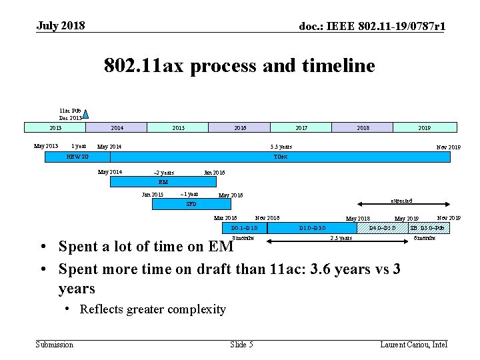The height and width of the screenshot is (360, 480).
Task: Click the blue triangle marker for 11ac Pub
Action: pyautogui.click(x=85, y=115)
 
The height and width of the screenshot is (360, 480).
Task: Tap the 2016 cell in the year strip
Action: pyautogui.click(x=240, y=127)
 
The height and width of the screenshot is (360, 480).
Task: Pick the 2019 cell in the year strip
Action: pyautogui.click(x=425, y=127)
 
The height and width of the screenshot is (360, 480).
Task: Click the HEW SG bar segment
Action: pyautogui.click(x=77, y=157)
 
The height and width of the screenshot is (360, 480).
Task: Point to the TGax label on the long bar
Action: pyautogui.click(x=281, y=157)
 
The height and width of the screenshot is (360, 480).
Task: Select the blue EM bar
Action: pyautogui.click(x=163, y=181)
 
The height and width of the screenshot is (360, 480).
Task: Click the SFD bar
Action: pyautogui.click(x=191, y=205)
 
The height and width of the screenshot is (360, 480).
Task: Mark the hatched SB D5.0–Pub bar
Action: pyautogui.click(x=427, y=228)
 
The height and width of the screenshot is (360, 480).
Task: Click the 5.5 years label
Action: pyautogui.click(x=281, y=147)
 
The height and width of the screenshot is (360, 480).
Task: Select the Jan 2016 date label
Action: pyautogui.click(x=214, y=173)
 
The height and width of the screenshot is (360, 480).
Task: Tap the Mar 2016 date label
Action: pyautogui.click(x=225, y=218)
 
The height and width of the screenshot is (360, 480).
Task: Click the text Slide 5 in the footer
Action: pyautogui.click(x=241, y=344)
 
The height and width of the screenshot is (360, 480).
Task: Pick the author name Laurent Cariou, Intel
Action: pyautogui.click(x=413, y=344)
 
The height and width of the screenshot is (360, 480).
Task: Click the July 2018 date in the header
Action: pyautogui.click(x=61, y=26)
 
